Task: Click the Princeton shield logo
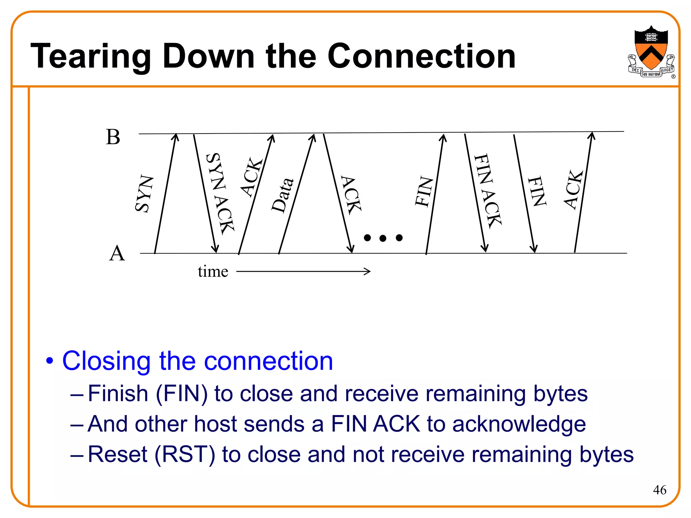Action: click(651, 51)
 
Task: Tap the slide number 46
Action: click(659, 490)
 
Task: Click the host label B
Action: click(113, 137)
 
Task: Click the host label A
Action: click(117, 253)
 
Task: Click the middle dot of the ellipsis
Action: click(383, 238)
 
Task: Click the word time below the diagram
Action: click(213, 271)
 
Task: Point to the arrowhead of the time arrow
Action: click(368, 271)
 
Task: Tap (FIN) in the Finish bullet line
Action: click(182, 394)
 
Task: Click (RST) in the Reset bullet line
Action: click(185, 454)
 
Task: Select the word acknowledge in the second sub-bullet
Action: click(519, 424)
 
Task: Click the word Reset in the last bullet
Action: click(117, 454)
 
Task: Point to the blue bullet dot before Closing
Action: click(50, 361)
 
